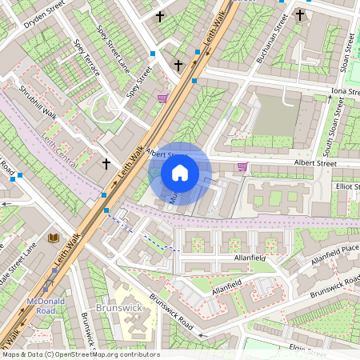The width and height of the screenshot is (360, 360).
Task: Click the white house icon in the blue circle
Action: tap(180, 173)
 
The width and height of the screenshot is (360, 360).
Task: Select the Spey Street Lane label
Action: tap(113, 43)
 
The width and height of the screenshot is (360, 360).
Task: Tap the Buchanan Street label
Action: tap(272, 45)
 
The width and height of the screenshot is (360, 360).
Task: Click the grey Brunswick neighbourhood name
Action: tap(118, 307)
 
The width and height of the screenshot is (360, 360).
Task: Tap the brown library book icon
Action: tap(54, 238)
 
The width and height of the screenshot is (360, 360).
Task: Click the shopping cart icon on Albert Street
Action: tap(242, 166)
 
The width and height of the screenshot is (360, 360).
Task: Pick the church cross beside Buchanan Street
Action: tap(300, 14)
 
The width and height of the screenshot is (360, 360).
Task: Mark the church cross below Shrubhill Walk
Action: tap(106, 164)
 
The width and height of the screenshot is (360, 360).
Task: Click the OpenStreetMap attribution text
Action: tap(80, 354)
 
